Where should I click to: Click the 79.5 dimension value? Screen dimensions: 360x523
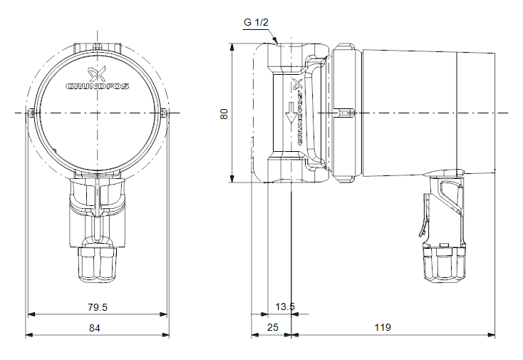pos(97,307)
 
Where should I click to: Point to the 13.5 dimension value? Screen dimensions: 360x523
pos(284,307)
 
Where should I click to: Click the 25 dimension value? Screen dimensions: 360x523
pos(272,328)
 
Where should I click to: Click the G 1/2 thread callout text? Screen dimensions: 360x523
pos(256,22)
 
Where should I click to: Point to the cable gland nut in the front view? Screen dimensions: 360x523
pos(97,262)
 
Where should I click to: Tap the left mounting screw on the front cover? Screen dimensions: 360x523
pos(33,113)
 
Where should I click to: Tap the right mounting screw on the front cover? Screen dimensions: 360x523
pos(163,113)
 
